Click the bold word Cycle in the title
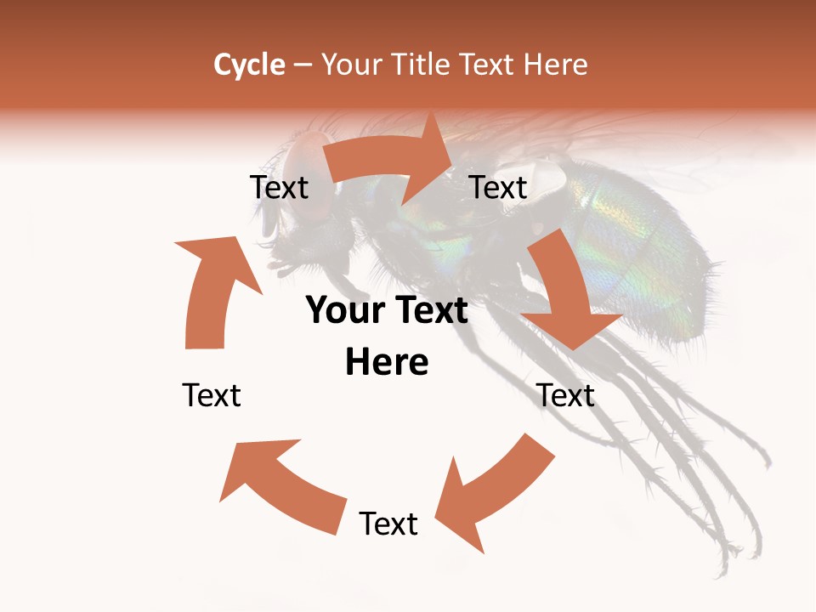[x=249, y=65]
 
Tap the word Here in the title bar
[x=554, y=65]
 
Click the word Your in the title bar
[x=353, y=65]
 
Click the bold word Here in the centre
[x=387, y=363]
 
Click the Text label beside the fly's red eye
[x=279, y=188]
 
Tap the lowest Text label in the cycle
[x=388, y=524]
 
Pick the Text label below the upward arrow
[x=212, y=395]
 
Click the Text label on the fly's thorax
[x=499, y=188]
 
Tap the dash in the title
[x=303, y=65]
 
